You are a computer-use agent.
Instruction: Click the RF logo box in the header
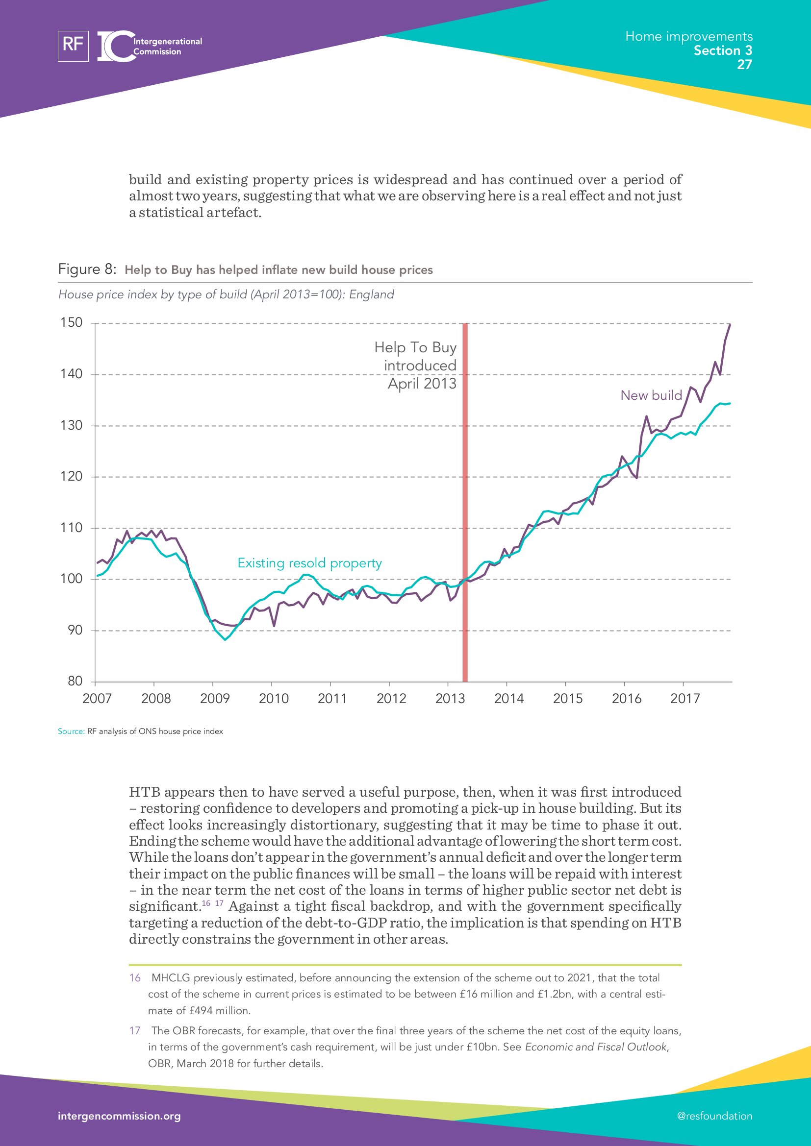[73, 46]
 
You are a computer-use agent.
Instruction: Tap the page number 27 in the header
[744, 64]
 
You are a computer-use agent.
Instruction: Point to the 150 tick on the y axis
[72, 322]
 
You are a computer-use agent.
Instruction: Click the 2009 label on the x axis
[215, 698]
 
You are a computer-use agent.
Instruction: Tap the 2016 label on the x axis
[626, 698]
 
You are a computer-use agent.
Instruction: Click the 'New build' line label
[651, 395]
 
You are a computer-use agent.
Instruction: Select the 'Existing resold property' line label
[309, 563]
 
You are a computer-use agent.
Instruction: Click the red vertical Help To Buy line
[464, 499]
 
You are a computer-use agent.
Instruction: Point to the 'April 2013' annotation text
[422, 383]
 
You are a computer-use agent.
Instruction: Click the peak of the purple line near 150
[730, 325]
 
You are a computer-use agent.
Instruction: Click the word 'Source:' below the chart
[71, 731]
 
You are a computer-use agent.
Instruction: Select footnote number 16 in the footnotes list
[135, 978]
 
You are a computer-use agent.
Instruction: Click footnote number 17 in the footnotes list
[135, 1031]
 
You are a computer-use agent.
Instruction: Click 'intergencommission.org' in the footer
[119, 1116]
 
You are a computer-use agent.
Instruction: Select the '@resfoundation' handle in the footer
[714, 1116]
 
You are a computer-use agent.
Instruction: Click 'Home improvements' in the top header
[688, 36]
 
